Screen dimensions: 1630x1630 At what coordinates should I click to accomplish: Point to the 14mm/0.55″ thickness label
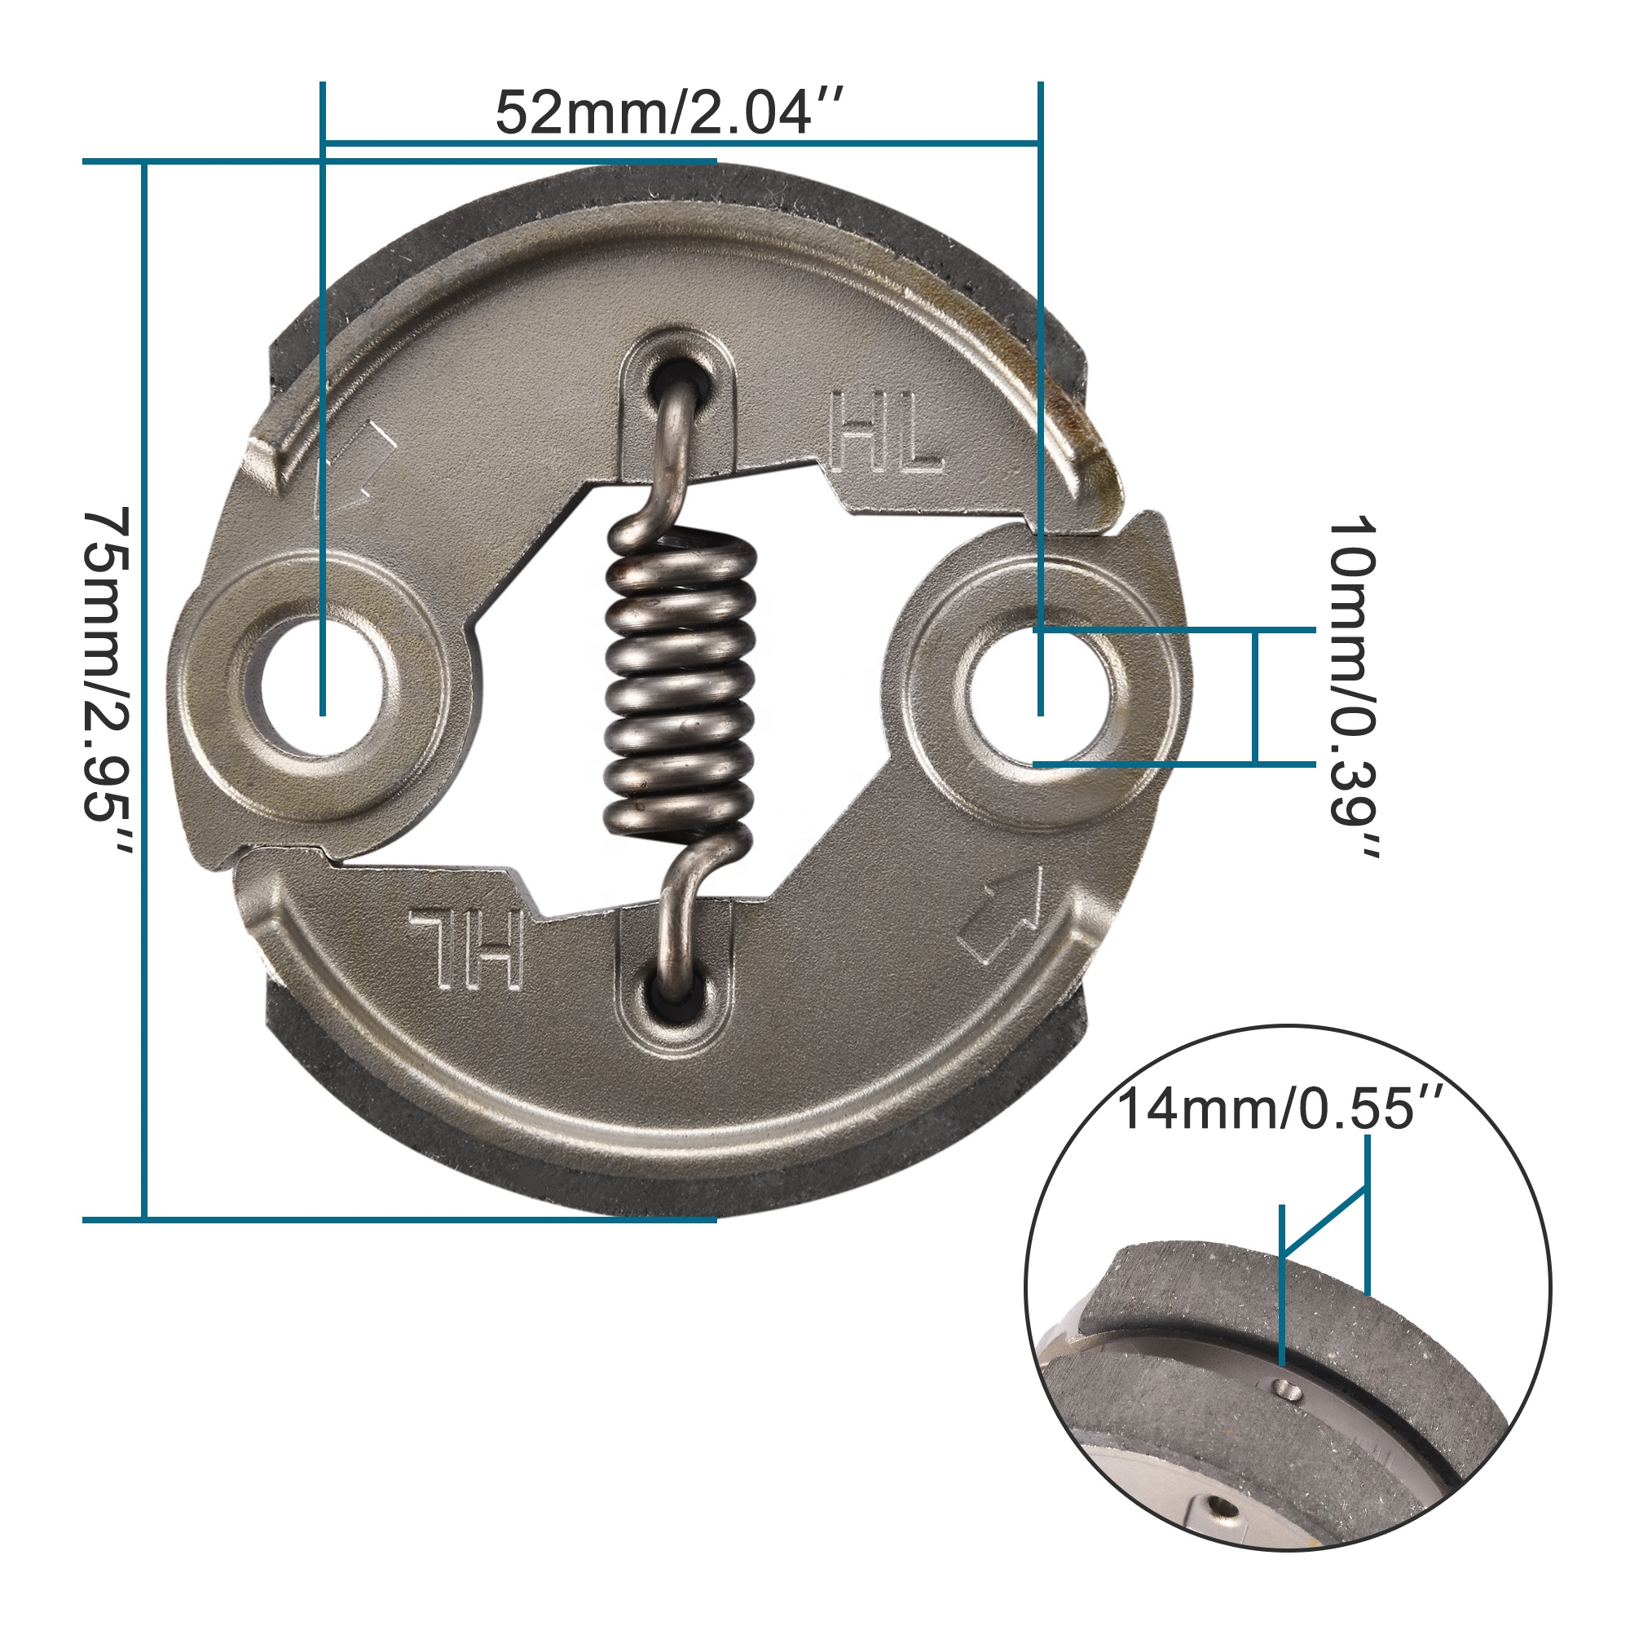pos(1280,1108)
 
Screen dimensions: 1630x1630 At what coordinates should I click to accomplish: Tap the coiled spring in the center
pos(681,684)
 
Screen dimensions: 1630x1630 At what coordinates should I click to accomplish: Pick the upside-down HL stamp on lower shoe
pos(467,948)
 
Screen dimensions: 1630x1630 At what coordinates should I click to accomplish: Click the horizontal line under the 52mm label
pos(680,143)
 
